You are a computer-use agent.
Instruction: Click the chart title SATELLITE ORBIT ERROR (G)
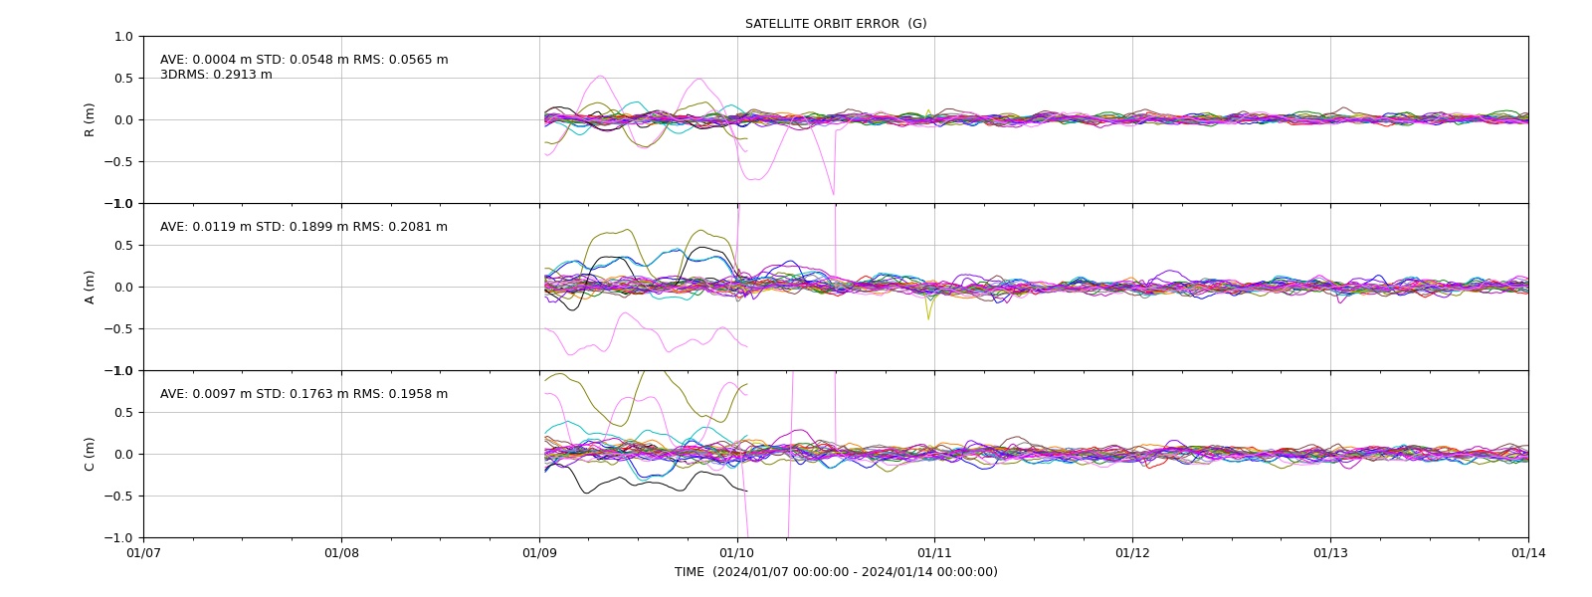pos(836,24)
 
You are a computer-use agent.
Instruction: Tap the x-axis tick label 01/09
pos(539,553)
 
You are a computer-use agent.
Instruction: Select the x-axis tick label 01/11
pos(934,553)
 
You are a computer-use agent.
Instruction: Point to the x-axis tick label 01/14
pos(1528,553)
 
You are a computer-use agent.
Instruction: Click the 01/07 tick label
pos(143,553)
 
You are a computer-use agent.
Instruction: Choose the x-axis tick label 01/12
pos(1132,553)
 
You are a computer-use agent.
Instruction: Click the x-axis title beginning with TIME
pos(836,572)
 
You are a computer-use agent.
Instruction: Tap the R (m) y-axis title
pos(90,120)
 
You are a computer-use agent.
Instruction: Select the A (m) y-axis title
pos(90,288)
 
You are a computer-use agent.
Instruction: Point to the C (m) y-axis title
pos(90,454)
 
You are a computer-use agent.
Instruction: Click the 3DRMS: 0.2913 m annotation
pos(216,75)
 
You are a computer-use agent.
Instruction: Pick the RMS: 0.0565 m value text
pos(401,60)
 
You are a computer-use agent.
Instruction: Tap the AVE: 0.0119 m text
pos(206,227)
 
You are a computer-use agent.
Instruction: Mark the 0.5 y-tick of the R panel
pos(123,79)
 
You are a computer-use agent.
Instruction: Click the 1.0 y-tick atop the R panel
pos(123,36)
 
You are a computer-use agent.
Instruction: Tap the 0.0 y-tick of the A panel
pos(123,288)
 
